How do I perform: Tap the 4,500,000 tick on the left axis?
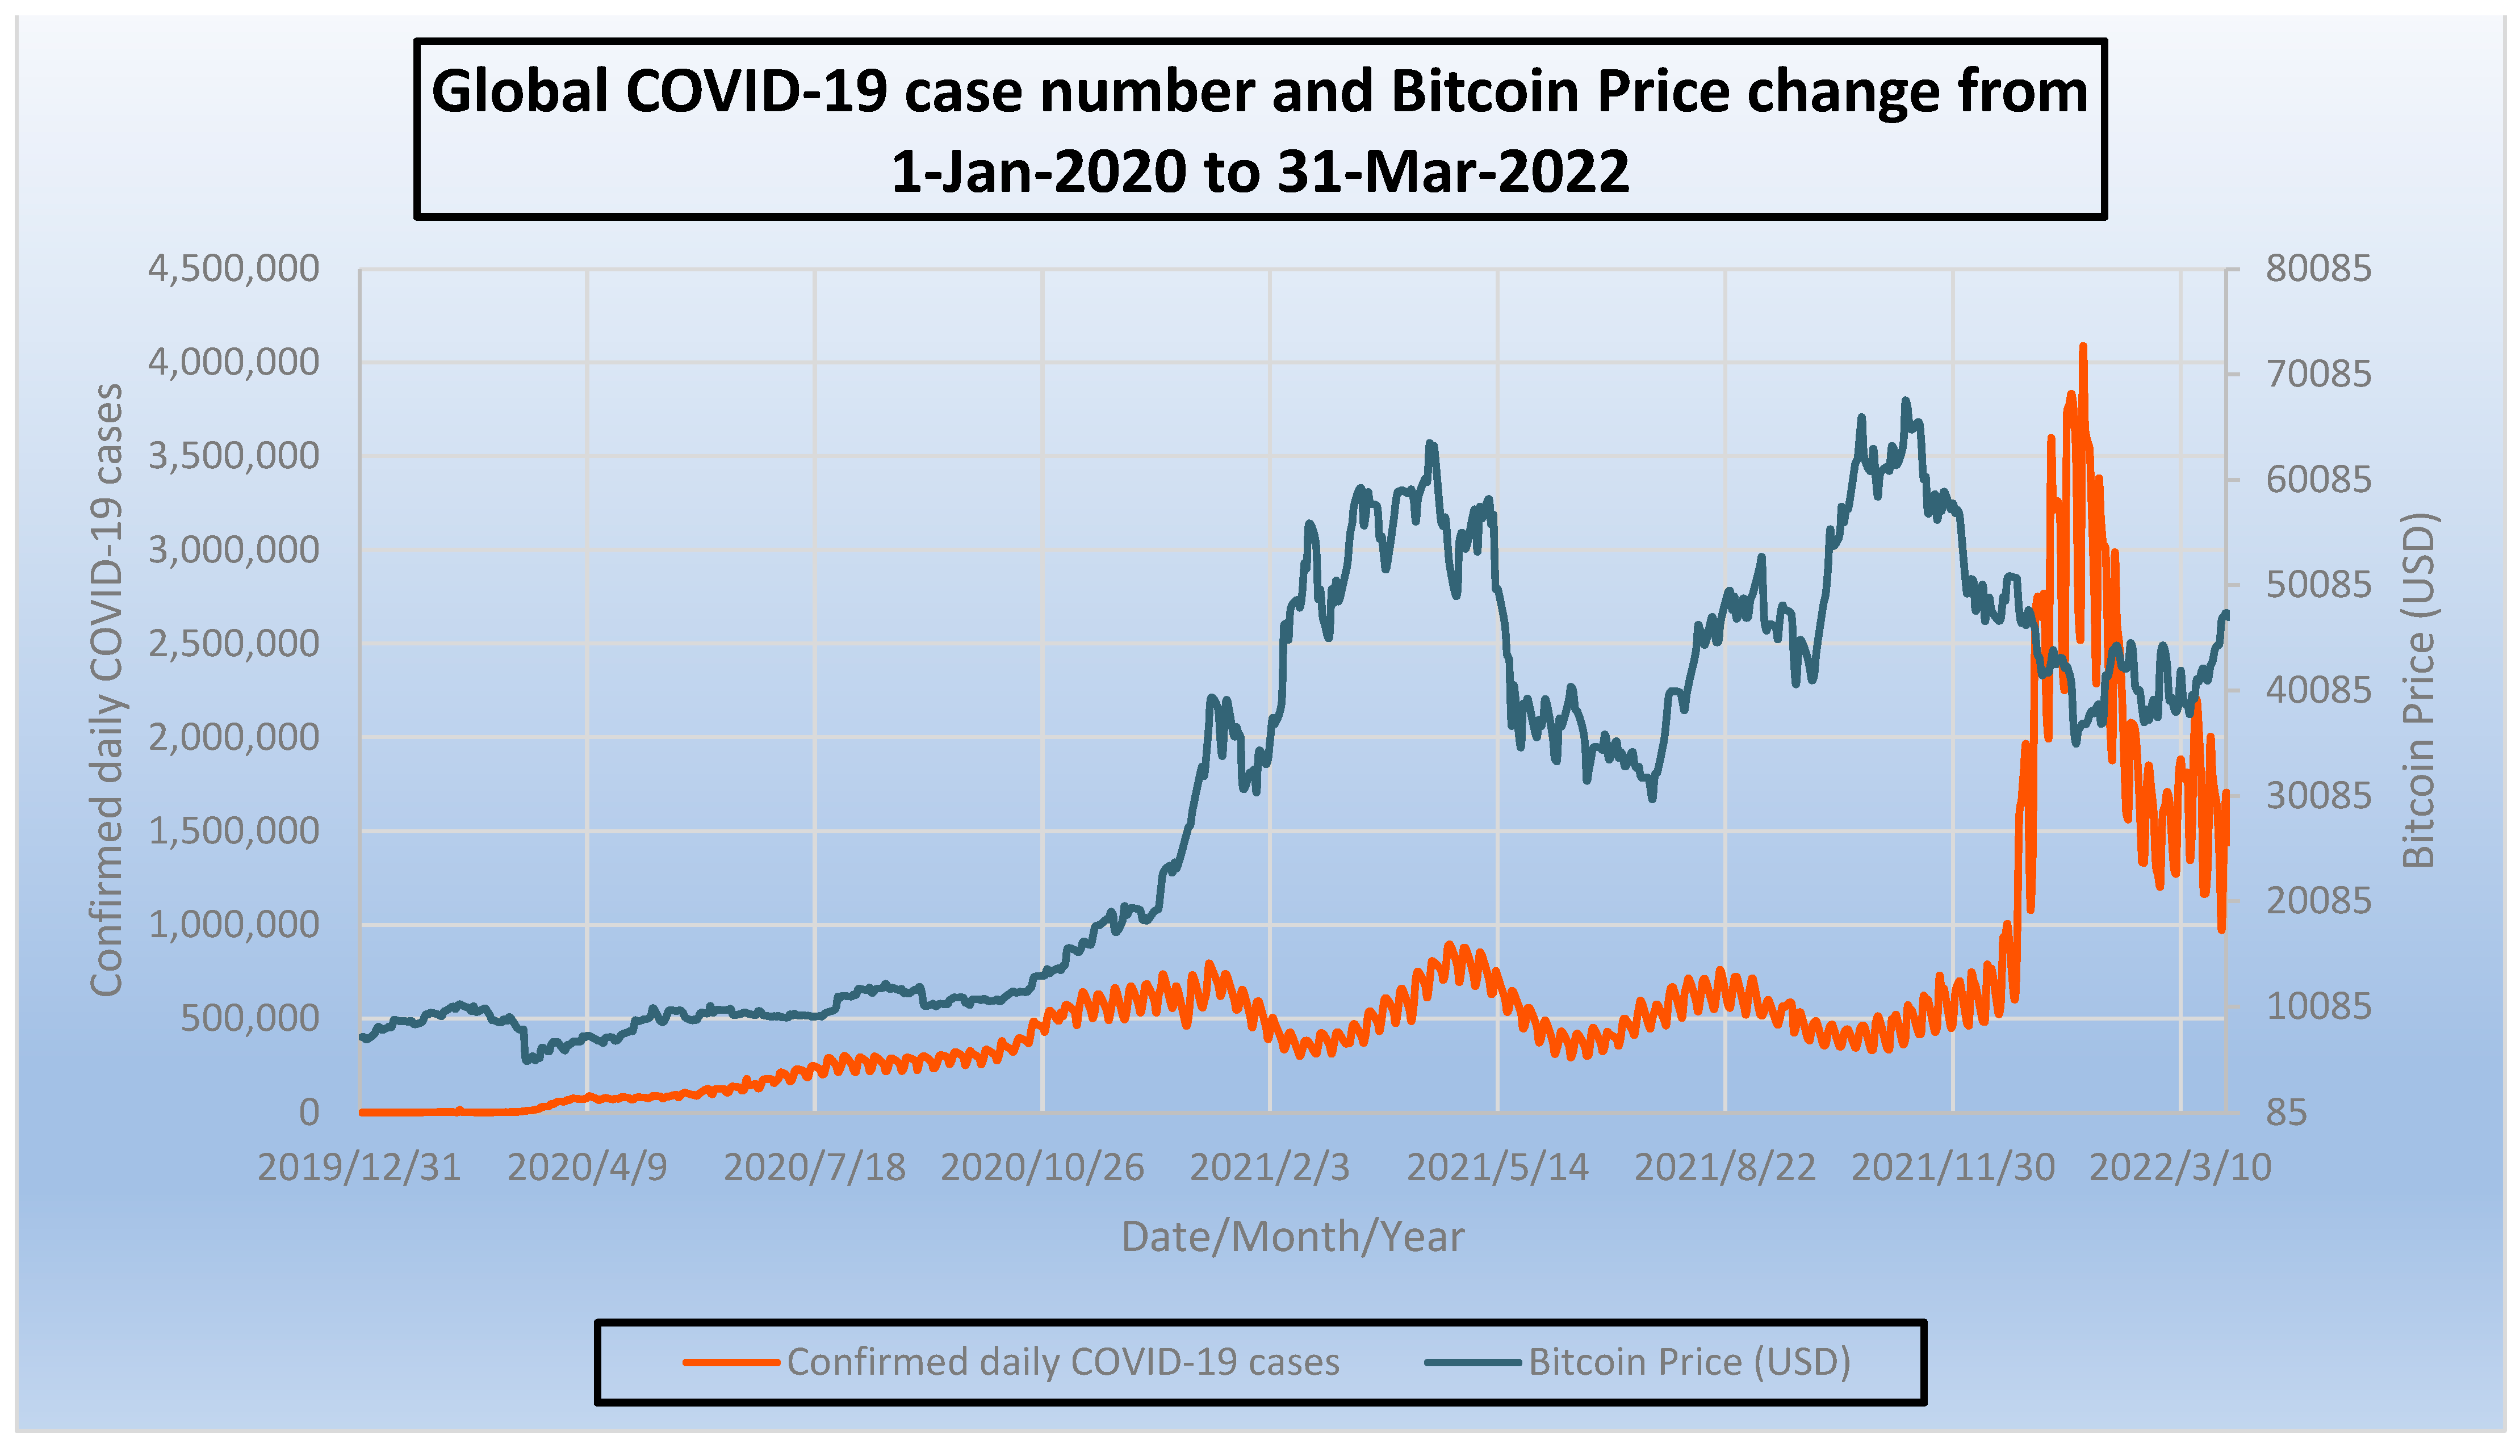coord(233,269)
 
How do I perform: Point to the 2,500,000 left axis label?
coord(233,644)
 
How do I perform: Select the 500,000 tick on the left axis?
coord(250,1018)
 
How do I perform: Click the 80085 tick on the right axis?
coord(2318,269)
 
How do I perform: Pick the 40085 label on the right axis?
coord(2318,690)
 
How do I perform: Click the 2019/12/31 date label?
coord(359,1168)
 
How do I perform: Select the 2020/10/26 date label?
coord(1042,1168)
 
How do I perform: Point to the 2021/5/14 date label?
coord(1497,1168)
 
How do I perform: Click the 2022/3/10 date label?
coord(2180,1168)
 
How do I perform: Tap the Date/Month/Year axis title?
coord(1292,1237)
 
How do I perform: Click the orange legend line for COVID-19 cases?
coord(731,1363)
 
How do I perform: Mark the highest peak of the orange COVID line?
coord(2082,347)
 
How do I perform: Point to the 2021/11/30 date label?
coord(1953,1168)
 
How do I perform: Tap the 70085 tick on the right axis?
coord(2318,375)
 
